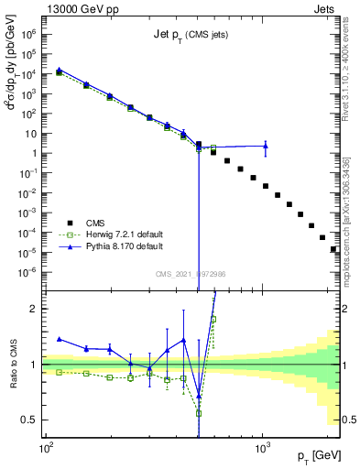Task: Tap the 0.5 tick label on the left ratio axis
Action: (x=33, y=420)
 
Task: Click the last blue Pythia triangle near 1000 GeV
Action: (x=265, y=145)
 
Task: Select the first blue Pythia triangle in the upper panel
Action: (x=60, y=70)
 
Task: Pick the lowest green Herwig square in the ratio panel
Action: (x=199, y=413)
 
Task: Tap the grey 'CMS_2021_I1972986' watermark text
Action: (x=191, y=274)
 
